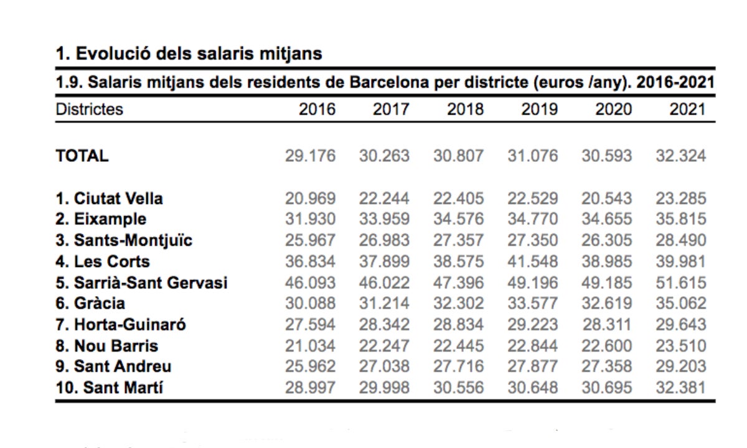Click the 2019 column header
point(540,110)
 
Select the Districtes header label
point(90,110)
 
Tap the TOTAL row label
point(82,156)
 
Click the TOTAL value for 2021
point(681,156)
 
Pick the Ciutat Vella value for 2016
point(310,198)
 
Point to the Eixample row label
point(101,219)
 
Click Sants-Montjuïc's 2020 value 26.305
point(607,240)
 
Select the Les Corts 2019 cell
point(533,262)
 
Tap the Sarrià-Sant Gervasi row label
point(141,283)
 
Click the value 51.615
point(681,283)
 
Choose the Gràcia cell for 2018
point(459,304)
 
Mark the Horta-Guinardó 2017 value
point(384,325)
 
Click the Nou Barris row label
point(106,346)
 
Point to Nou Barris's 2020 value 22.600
point(607,346)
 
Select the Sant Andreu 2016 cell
point(310,366)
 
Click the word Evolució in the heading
point(113,54)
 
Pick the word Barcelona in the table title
point(389,82)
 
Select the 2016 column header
point(317,110)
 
